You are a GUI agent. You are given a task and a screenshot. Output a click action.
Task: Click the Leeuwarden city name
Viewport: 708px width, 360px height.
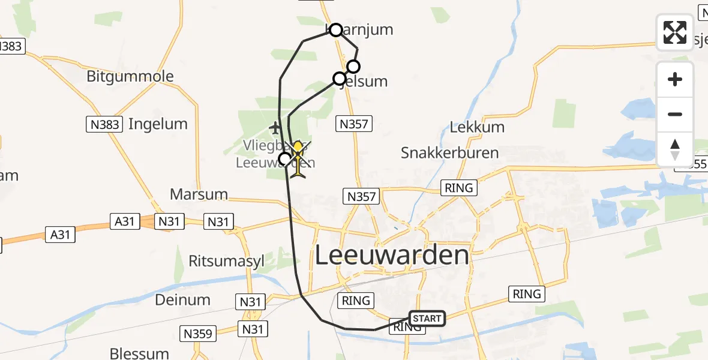(392, 256)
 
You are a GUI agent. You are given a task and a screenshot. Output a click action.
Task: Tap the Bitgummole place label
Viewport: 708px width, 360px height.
(130, 76)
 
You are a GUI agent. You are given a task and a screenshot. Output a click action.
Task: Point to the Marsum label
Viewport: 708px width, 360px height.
(199, 194)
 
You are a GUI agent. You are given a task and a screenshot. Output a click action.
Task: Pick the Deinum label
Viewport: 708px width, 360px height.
(182, 299)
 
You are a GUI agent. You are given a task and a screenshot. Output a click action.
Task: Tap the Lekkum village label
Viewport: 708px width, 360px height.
(477, 127)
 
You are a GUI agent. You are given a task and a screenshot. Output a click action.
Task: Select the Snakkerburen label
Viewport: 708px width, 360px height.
(449, 152)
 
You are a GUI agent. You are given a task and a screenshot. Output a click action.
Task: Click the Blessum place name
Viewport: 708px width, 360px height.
(139, 353)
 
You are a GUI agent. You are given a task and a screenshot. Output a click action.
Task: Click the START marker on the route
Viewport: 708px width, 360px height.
(427, 319)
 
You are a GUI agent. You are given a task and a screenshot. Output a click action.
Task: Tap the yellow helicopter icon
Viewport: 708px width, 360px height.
(298, 159)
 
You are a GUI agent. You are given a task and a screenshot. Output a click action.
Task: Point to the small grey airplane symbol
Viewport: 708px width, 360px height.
(275, 128)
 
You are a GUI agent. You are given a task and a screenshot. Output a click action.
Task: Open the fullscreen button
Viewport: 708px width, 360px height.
(675, 32)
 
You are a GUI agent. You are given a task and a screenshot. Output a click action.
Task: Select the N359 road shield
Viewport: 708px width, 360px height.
(197, 334)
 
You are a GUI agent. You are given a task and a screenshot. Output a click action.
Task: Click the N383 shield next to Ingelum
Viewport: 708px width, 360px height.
(104, 124)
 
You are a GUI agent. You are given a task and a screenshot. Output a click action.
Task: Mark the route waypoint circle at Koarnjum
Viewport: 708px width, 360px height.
(336, 30)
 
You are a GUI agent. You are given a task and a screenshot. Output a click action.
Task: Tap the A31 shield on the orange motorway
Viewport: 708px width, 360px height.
(125, 221)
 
